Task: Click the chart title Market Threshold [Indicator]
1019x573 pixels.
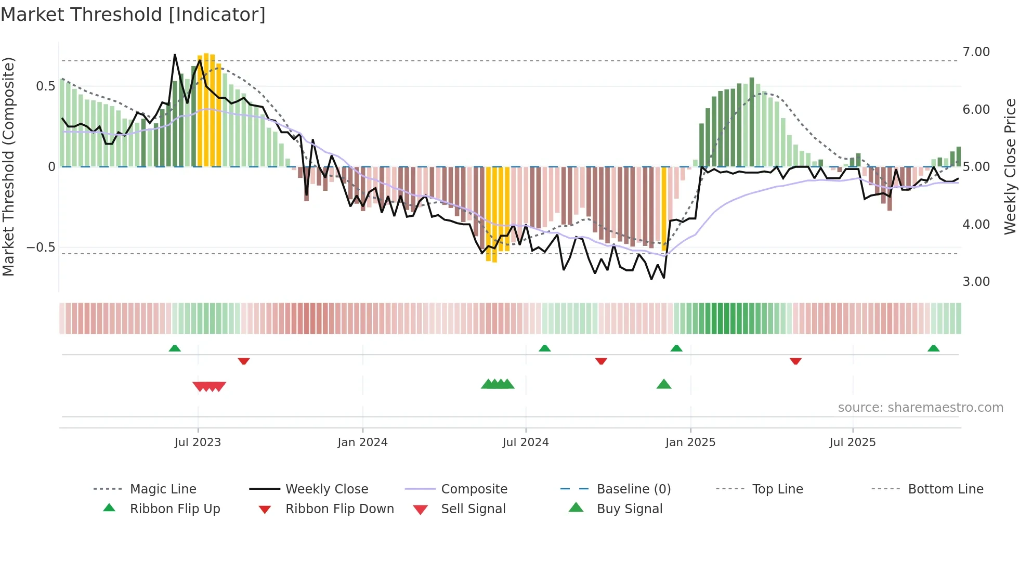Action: point(133,15)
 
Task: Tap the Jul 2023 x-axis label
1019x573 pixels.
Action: point(198,442)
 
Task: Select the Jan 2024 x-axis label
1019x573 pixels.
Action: point(362,442)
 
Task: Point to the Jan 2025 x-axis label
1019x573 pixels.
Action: point(690,442)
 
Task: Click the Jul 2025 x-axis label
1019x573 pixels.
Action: point(853,442)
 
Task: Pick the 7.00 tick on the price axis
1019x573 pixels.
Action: point(976,52)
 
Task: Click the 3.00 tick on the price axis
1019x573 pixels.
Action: point(976,282)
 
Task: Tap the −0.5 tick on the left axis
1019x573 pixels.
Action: point(41,248)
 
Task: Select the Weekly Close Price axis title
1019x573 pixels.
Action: point(1010,166)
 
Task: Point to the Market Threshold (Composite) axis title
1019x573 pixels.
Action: point(8,166)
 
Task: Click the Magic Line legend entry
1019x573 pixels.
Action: point(163,489)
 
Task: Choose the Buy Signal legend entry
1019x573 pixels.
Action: point(629,509)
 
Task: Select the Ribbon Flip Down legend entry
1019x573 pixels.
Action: point(339,509)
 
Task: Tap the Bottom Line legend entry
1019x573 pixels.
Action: point(945,489)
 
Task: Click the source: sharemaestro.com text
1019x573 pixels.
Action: point(920,408)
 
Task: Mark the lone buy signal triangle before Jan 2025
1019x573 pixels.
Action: point(664,385)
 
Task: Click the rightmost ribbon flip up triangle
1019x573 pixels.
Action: point(933,348)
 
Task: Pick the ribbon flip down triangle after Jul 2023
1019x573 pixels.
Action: point(244,361)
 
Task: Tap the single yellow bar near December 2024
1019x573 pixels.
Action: point(664,208)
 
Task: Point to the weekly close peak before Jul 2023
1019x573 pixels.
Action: point(175,55)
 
